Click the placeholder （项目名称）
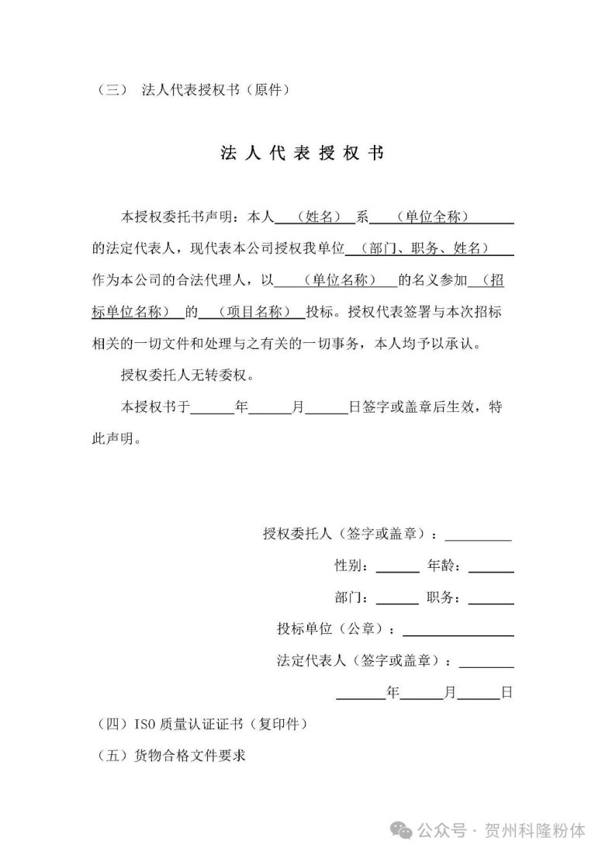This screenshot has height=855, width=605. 253,312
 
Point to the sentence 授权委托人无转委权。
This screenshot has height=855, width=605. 187,376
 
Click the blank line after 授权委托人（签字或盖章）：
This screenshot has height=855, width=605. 478,535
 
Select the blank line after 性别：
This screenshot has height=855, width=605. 397,567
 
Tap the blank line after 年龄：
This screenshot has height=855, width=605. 491,567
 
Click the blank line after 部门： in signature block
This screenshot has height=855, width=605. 397,599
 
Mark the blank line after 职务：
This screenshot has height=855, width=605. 491,599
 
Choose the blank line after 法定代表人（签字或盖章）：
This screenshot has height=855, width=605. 486,662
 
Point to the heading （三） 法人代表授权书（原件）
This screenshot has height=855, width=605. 194,89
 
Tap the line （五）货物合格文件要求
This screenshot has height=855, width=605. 172,756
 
